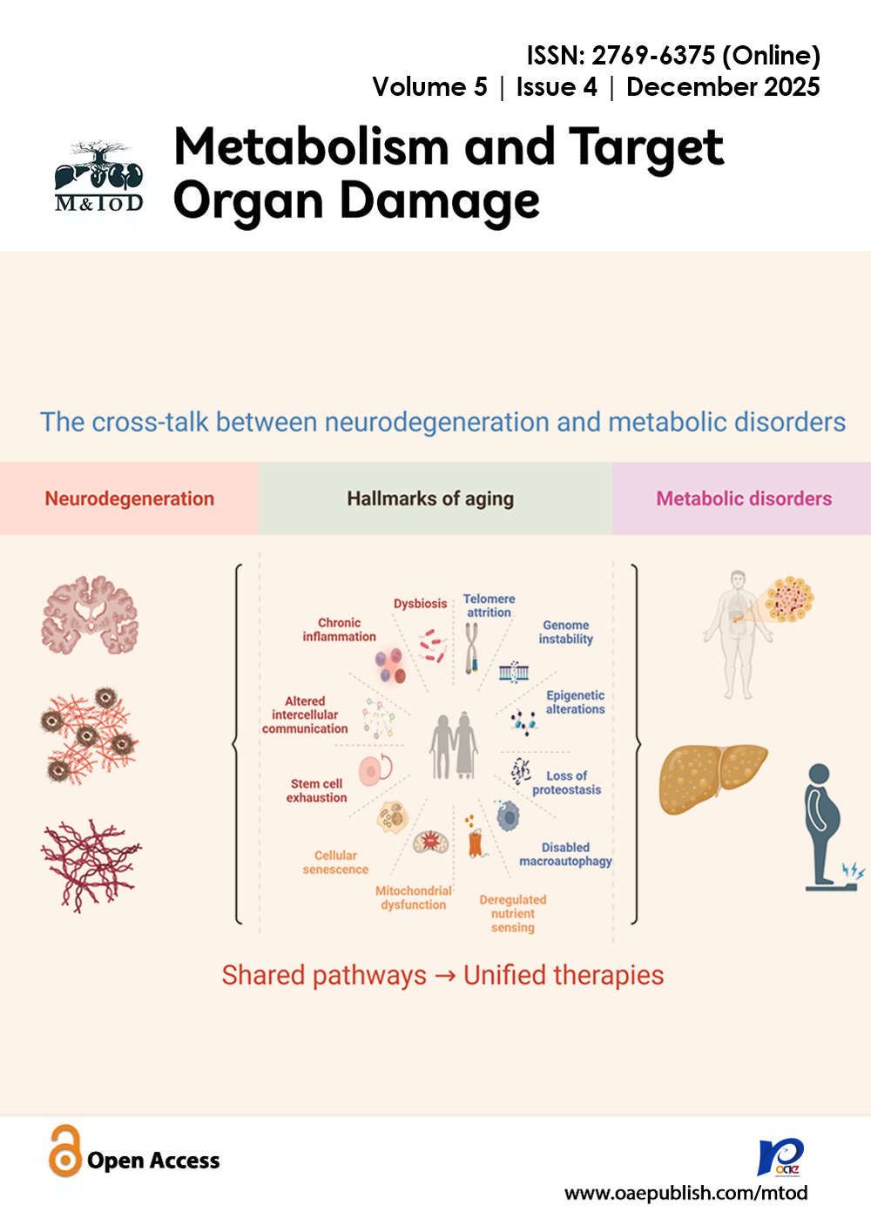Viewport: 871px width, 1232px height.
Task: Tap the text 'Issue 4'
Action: pos(557,87)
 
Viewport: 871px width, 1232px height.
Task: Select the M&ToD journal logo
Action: pos(98,178)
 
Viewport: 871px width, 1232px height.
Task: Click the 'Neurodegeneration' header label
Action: pos(130,499)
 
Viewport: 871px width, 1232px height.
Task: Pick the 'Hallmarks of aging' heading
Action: pos(430,499)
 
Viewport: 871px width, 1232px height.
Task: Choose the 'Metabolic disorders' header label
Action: pos(744,499)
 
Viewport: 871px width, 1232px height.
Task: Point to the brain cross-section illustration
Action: pos(90,615)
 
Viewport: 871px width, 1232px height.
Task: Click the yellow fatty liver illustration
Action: pos(712,778)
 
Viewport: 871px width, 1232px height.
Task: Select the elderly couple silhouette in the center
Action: pos(454,746)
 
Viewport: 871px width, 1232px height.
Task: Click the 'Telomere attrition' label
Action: pos(489,606)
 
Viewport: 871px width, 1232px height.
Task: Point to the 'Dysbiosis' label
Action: pos(420,604)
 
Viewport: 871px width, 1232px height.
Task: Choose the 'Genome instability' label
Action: pos(566,633)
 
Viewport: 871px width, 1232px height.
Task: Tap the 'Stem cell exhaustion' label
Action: pos(317,791)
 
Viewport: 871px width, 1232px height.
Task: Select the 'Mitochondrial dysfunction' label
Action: pos(414,898)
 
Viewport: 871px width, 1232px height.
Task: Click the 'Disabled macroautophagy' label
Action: pos(566,855)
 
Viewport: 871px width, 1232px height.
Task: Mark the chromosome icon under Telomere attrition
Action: pos(471,650)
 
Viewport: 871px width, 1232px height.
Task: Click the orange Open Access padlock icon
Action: pos(64,1151)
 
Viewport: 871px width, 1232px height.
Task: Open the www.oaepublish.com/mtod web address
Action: pos(685,1193)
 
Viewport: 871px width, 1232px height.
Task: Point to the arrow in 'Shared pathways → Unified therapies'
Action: pos(445,976)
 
